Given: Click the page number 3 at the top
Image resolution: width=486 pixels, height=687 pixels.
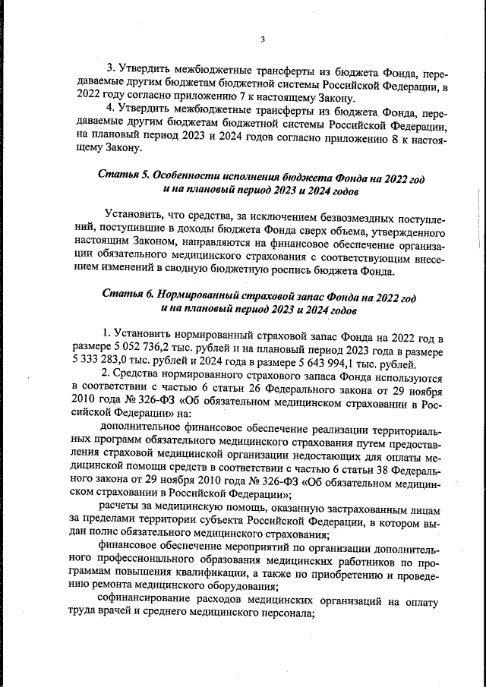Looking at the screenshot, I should [262, 40].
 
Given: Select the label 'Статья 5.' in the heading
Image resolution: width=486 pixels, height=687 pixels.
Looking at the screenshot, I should [125, 175].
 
